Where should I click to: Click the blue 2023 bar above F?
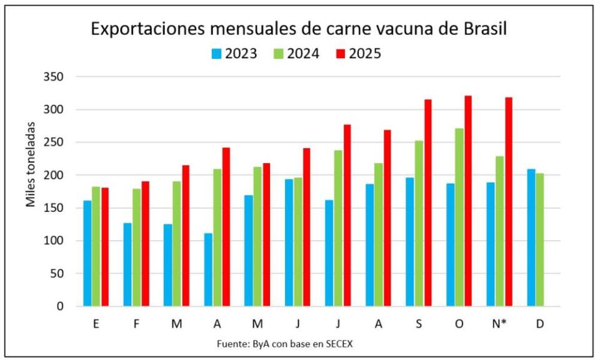[x=127, y=264]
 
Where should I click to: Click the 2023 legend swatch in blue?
[x=216, y=54]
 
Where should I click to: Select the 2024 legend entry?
[x=303, y=54]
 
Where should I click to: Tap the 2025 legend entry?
[x=365, y=54]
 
